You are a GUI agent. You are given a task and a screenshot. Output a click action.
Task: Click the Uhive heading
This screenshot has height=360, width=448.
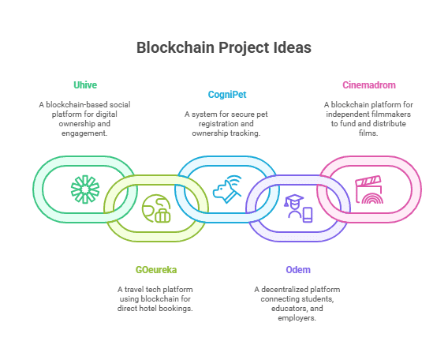pos(85,85)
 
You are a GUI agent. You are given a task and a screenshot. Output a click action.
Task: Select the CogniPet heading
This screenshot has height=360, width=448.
pos(227,95)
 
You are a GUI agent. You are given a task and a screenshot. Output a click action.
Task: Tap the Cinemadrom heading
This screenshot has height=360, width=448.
pos(369,85)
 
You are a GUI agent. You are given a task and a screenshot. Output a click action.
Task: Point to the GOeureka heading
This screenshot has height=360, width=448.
pos(156,270)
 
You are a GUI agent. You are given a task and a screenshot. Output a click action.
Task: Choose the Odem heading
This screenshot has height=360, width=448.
pos(298,270)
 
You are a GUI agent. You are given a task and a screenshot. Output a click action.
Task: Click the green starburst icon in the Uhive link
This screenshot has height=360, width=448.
pos(85,189)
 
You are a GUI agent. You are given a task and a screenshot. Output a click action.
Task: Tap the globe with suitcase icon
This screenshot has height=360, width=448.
pos(156,208)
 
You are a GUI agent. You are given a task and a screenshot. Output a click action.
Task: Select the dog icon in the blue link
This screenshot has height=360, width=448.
pos(227,189)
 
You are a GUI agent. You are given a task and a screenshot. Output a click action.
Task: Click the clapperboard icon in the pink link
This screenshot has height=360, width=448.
pos(369,189)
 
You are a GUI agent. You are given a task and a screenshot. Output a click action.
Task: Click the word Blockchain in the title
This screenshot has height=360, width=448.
pos(175,47)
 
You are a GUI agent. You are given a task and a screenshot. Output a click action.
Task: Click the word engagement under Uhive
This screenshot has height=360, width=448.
pos(84,133)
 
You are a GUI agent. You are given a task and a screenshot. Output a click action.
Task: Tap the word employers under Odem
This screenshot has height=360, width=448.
pos(297,318)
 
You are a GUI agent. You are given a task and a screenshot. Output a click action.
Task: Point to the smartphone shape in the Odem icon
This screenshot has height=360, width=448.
pos(308,215)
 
